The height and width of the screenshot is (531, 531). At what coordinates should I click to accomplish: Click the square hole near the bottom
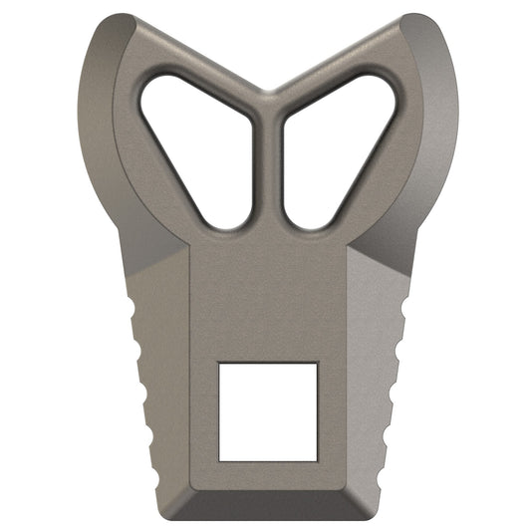(268, 411)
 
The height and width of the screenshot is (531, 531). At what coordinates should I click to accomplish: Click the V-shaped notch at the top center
(266, 93)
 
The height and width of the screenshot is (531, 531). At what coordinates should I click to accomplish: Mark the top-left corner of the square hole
(220, 364)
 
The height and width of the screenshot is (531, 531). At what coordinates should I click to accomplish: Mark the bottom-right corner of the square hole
(317, 460)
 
